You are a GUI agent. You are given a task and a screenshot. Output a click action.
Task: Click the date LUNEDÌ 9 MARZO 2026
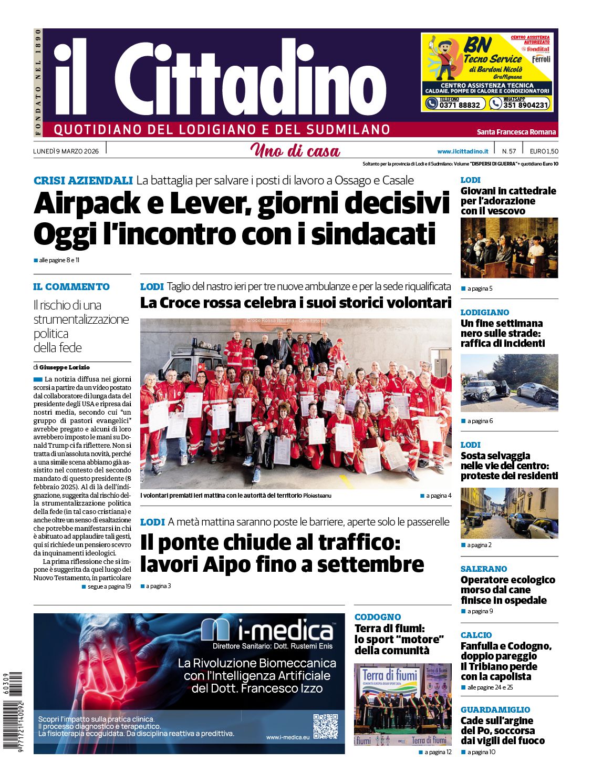66,151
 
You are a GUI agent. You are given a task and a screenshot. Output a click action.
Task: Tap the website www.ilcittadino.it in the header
462,151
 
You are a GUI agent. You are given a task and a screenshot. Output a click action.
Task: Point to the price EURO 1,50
544,151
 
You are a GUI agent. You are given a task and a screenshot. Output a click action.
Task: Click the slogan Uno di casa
295,151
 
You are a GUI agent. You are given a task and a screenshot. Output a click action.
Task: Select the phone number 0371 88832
460,105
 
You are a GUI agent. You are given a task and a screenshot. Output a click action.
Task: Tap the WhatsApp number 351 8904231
525,105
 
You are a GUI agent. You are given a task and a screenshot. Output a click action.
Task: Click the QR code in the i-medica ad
325,726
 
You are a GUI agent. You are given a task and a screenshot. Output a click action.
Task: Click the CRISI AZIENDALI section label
83,181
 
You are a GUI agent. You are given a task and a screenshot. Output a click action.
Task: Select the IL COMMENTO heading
71,287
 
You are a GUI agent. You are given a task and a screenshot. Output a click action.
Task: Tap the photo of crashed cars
509,383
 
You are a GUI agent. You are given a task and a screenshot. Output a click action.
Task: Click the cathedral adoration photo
509,248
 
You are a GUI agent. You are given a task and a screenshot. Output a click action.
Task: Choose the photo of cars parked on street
509,513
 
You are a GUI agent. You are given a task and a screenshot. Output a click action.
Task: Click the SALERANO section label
484,569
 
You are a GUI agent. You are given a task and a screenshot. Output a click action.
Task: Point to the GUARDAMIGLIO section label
495,709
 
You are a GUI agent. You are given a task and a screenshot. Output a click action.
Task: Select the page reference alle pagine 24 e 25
490,687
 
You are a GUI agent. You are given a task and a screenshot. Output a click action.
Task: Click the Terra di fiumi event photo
402,704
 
